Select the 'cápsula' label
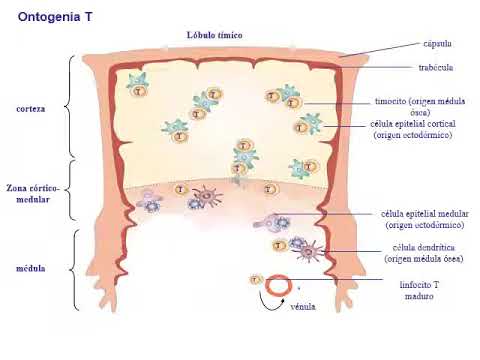tap(437, 44)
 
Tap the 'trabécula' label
tap(437, 67)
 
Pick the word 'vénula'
tap(303, 307)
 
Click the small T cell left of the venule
tap(256, 280)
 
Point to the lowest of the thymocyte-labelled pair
tap(292, 104)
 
